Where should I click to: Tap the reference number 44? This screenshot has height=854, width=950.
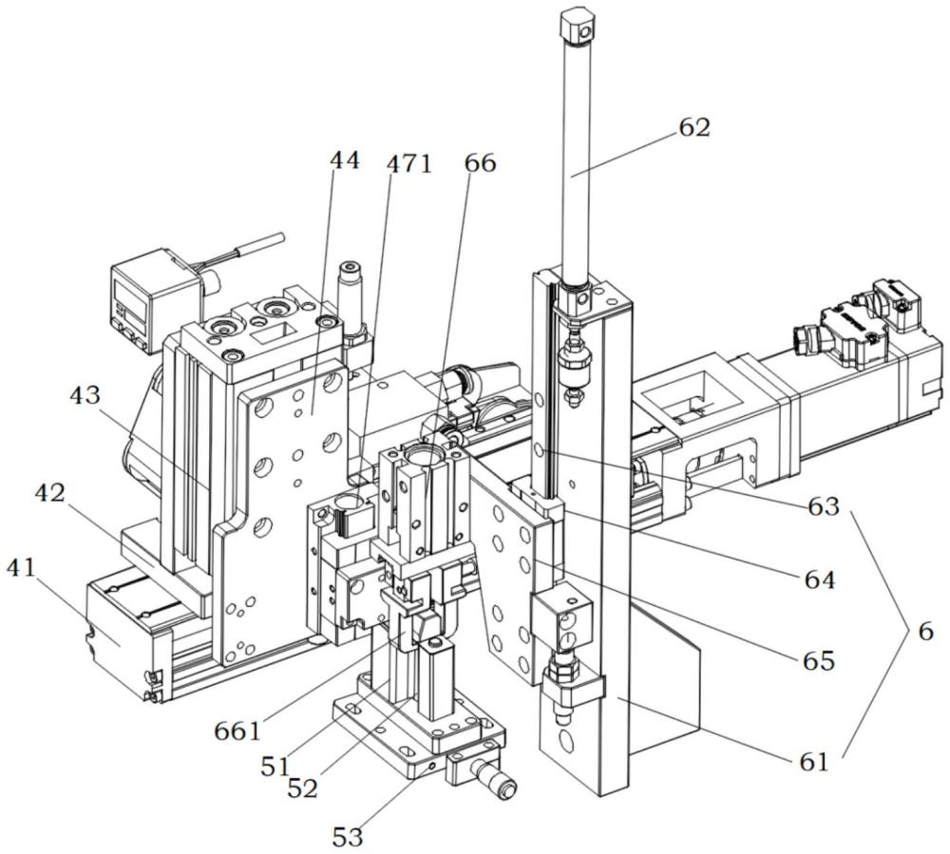click(344, 161)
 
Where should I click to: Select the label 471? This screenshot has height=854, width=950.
click(409, 164)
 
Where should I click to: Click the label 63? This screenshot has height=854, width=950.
click(824, 507)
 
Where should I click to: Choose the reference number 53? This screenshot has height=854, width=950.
click(349, 835)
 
